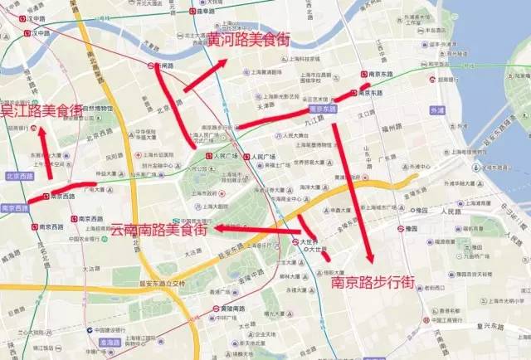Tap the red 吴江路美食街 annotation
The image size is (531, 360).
(x=41, y=110)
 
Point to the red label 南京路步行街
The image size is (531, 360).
(x=373, y=282)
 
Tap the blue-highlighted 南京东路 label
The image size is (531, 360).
(x=322, y=108)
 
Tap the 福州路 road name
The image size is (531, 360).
(x=390, y=129)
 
